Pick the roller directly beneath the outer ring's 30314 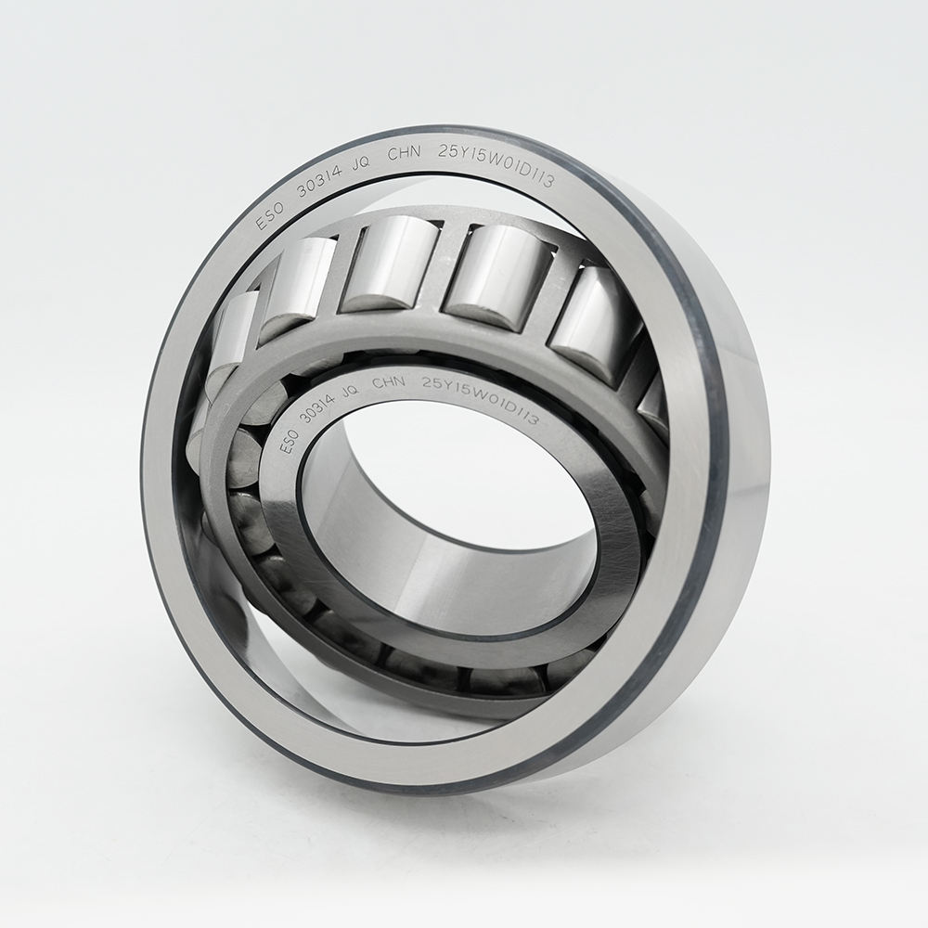coord(306,278)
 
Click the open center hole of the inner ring coord(445,538)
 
